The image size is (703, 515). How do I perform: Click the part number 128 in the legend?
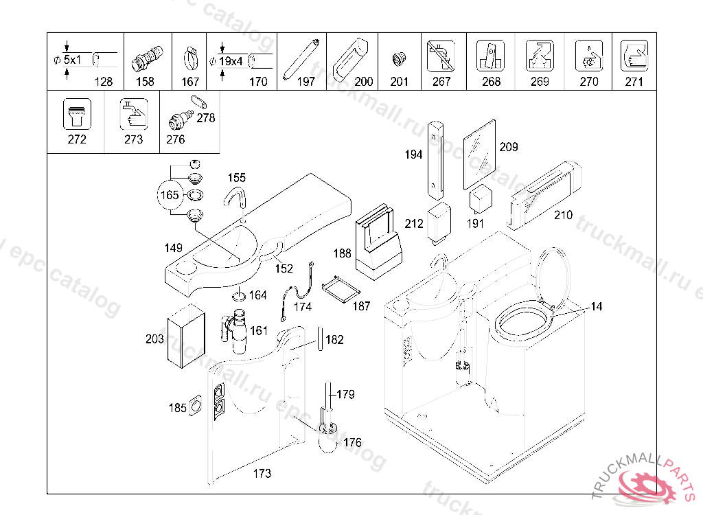coord(103,81)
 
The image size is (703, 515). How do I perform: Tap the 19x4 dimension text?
coord(231,61)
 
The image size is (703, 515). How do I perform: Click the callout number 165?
coord(170,195)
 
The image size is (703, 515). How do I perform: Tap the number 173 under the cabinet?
coord(262,473)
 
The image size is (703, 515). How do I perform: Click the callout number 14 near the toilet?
coord(596,307)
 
